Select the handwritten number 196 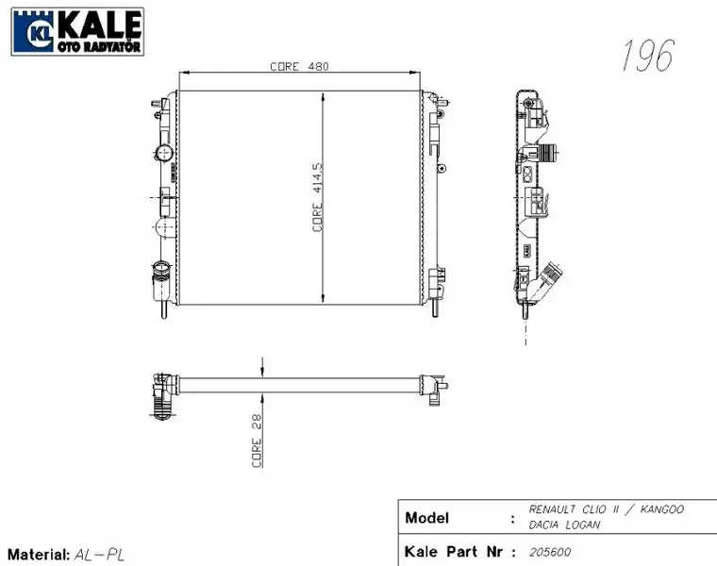click(x=647, y=57)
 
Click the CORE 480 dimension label click(x=298, y=66)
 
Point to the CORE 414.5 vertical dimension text click(x=318, y=196)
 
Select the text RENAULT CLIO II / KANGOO click(x=606, y=509)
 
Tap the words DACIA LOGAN click(x=563, y=524)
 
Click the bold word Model click(x=426, y=518)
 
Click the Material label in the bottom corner click(x=38, y=555)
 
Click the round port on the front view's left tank click(x=163, y=153)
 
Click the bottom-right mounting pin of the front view click(x=436, y=307)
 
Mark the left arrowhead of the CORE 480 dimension click(x=182, y=73)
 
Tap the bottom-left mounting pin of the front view click(x=164, y=307)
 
